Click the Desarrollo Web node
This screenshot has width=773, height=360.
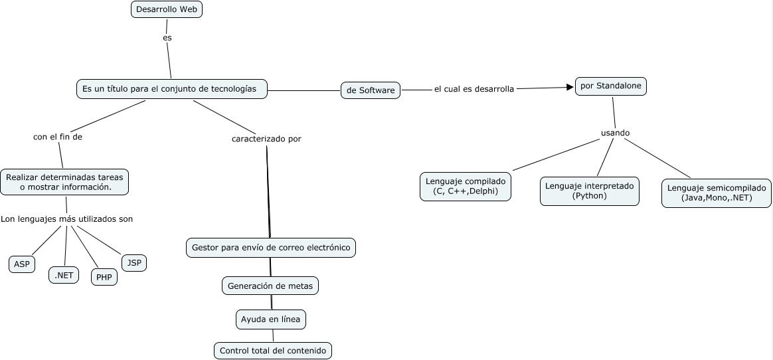(166, 9)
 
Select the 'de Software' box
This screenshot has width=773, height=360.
(371, 90)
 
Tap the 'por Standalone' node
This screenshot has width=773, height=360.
(610, 86)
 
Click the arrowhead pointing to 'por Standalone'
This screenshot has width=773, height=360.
(569, 86)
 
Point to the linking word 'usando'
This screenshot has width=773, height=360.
(615, 133)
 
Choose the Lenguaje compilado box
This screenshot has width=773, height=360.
(466, 187)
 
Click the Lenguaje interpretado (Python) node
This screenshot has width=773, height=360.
(589, 191)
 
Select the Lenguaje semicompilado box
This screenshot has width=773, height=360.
(717, 193)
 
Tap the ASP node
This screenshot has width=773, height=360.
(22, 264)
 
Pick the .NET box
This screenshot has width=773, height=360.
(64, 274)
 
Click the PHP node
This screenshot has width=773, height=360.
(104, 277)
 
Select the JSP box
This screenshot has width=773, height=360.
(134, 263)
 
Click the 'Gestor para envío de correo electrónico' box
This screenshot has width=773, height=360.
(270, 248)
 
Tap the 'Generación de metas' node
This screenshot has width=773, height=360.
(270, 286)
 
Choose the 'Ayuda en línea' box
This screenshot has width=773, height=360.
(270, 319)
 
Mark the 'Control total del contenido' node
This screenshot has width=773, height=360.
(272, 351)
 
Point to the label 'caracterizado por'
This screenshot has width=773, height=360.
(266, 139)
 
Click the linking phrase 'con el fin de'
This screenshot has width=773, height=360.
(58, 137)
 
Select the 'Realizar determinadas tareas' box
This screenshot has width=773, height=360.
(65, 182)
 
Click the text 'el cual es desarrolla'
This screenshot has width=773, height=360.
(473, 89)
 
